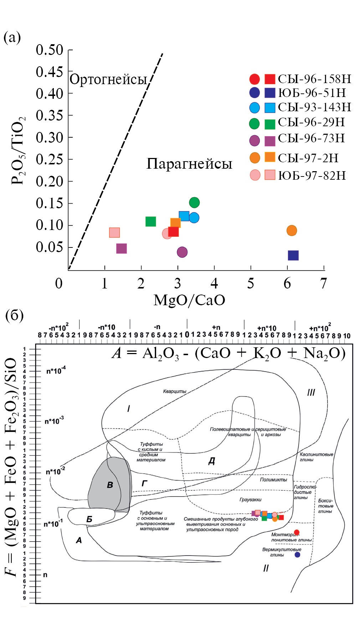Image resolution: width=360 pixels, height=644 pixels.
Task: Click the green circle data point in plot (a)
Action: [x=194, y=203]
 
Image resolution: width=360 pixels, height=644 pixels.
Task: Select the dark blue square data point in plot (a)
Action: [x=293, y=255]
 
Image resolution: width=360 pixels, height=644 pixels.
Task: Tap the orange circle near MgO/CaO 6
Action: [x=292, y=230]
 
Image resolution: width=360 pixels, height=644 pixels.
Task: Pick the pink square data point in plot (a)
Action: [x=114, y=232]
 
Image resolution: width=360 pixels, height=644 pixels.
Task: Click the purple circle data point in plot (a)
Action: [x=182, y=252]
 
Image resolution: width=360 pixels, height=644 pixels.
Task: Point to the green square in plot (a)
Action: [x=151, y=221]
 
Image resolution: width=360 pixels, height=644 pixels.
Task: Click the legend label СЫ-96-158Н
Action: [x=314, y=79]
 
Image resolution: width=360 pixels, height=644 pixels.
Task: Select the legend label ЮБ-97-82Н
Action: [x=312, y=175]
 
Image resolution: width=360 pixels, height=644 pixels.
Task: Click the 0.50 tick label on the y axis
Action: [x=50, y=50]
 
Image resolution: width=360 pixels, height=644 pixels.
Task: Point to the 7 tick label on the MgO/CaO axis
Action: [x=323, y=283]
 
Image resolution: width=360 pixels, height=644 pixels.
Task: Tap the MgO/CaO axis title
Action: [x=189, y=300]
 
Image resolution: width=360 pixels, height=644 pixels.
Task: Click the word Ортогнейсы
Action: [x=108, y=79]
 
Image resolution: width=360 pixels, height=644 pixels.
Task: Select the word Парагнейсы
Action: [x=189, y=164]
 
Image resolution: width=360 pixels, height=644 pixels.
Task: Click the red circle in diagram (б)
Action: [x=297, y=532]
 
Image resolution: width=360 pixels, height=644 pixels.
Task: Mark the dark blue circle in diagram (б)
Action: [x=297, y=554]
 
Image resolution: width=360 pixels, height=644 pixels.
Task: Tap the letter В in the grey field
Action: [x=110, y=485]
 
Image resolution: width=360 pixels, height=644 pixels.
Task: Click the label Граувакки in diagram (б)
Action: [x=251, y=500]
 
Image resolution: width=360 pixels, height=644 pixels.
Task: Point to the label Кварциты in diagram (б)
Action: [x=175, y=391]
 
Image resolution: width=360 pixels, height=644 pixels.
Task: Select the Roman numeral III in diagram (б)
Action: [x=311, y=393]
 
